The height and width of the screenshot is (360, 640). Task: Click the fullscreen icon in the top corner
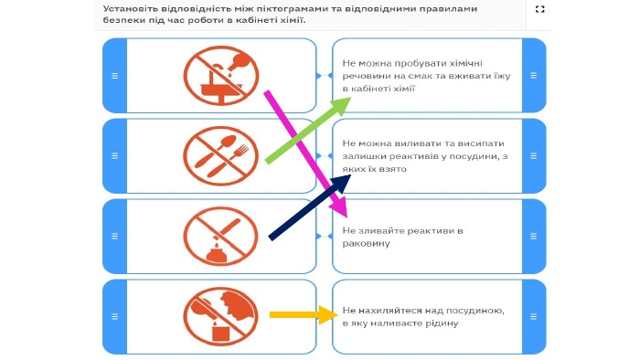coord(539,9)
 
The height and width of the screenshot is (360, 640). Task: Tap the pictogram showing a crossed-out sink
coord(221,76)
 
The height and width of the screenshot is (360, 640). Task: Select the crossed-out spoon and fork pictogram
coord(221,156)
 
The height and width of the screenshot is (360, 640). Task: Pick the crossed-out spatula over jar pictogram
coord(221,237)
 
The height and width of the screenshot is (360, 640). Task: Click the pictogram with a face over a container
coord(221,317)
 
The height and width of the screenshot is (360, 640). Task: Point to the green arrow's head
coord(340,107)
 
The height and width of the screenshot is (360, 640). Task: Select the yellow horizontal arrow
coord(304,314)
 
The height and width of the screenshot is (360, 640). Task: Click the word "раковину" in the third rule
coord(360,243)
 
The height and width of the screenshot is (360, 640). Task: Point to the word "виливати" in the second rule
coord(411,143)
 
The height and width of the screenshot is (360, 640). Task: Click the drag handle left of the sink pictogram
coord(114,76)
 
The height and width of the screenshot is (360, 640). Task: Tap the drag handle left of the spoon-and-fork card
coord(114,156)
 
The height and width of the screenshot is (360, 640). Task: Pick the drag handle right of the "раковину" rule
coord(533,237)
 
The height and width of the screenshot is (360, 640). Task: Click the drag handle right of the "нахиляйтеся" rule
coord(533,317)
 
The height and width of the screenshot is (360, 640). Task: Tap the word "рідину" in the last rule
coord(443,323)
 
